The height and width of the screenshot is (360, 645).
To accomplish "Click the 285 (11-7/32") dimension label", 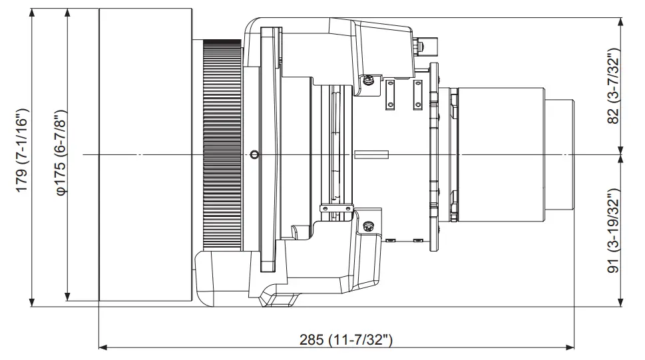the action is (345, 340).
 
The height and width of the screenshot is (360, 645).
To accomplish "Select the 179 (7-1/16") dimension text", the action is (22, 150).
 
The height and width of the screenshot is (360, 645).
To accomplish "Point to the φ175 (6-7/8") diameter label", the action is (61, 152).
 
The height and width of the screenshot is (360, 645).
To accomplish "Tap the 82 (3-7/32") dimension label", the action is (613, 86).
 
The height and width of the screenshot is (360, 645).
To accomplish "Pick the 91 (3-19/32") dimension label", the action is (613, 231).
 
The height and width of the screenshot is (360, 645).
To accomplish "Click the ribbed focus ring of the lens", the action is (222, 144).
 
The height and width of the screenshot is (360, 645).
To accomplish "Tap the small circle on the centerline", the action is (255, 155).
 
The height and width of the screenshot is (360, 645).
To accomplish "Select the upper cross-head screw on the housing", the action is (369, 79).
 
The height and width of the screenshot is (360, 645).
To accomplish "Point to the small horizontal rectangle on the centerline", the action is (371, 154).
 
